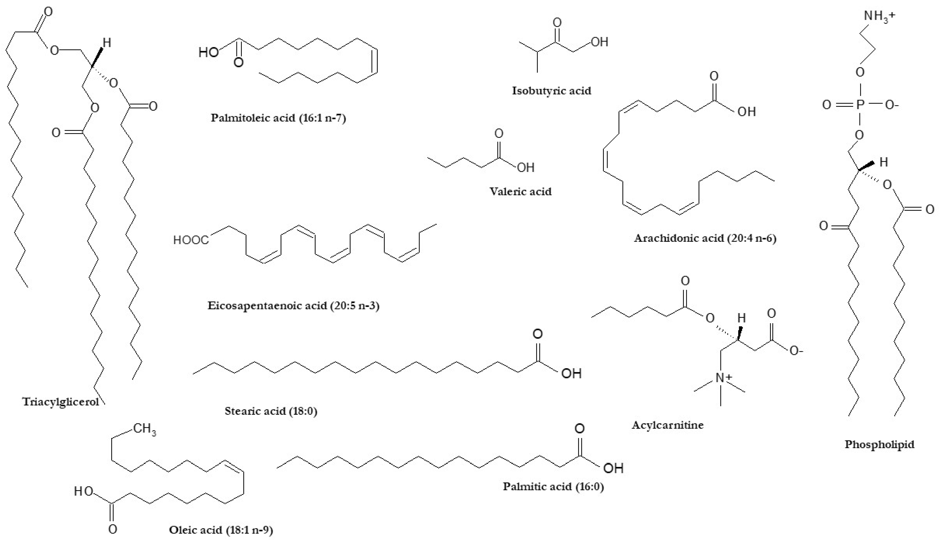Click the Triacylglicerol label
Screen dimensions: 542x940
point(61,402)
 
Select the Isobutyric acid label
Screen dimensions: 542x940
point(552,91)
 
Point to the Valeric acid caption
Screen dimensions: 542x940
point(520,192)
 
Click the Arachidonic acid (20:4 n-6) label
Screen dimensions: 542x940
point(705,238)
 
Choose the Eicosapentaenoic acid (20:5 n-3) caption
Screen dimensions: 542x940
point(293,306)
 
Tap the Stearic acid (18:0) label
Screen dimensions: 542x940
point(271,411)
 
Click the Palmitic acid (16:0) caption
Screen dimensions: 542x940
point(553,486)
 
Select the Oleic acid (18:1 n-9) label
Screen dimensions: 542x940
point(221,530)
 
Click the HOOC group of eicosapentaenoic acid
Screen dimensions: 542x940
point(191,240)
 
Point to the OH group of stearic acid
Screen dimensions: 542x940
point(571,373)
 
